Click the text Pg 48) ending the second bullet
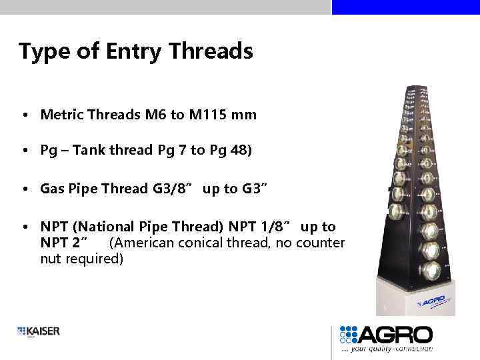coord(231,150)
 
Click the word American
coord(143,243)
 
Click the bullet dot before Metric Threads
coord(23,115)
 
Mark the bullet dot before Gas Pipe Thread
coord(23,189)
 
